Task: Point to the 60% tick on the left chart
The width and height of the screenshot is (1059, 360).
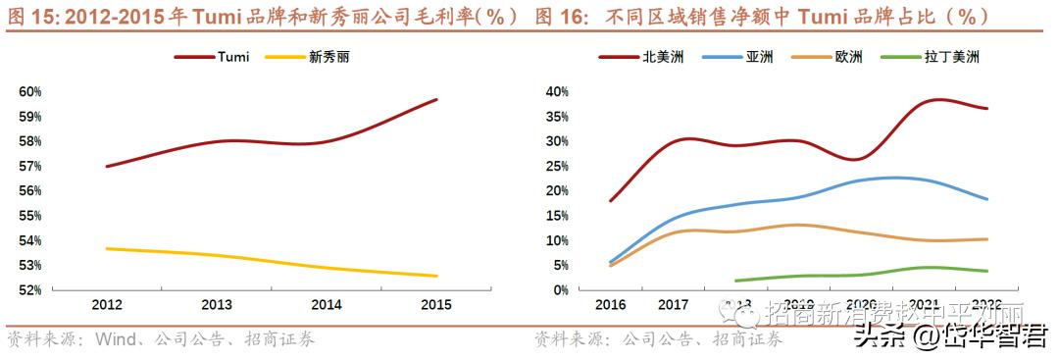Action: click(x=29, y=92)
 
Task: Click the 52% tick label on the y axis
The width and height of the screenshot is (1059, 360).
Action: click(x=29, y=290)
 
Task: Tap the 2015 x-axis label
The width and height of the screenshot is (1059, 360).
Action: click(x=435, y=305)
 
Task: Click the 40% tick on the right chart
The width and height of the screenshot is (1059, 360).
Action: click(x=556, y=92)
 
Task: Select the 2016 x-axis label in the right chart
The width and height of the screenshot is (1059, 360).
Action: click(x=610, y=305)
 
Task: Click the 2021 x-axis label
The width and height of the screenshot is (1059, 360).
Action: click(x=924, y=305)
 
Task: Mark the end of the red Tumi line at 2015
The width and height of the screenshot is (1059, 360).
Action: click(x=437, y=99)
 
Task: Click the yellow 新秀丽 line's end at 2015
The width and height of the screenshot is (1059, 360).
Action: click(x=437, y=276)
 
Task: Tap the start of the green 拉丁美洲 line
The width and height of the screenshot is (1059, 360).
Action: click(x=735, y=281)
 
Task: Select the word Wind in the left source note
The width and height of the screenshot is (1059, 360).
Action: click(x=115, y=340)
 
